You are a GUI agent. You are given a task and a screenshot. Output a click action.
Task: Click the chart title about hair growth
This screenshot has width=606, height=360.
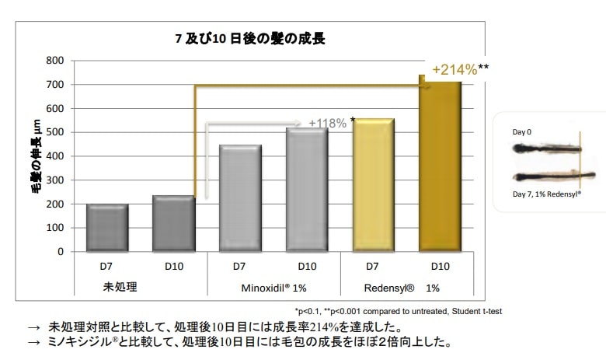click(255, 37)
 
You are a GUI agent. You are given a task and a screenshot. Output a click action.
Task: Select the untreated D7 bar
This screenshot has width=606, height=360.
click(106, 227)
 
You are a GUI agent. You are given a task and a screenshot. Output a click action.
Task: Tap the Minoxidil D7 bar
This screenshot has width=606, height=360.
click(239, 198)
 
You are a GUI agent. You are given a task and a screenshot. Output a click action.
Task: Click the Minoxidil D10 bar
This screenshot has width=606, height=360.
click(306, 190)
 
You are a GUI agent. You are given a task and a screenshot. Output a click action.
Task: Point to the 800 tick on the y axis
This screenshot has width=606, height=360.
click(54, 61)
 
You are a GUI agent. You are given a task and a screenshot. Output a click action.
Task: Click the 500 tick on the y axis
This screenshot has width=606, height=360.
click(54, 132)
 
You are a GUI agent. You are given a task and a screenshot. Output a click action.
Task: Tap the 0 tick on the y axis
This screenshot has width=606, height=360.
click(60, 252)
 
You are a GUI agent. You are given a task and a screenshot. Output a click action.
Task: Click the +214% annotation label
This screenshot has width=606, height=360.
click(460, 69)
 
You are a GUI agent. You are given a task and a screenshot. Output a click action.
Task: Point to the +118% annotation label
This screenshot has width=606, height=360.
click(327, 123)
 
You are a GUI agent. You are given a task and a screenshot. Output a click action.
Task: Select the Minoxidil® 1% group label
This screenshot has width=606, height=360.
click(273, 287)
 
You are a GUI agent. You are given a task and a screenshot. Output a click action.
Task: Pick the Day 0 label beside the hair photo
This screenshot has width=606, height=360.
click(522, 133)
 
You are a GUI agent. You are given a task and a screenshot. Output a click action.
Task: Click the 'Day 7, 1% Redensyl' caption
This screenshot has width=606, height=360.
click(547, 194)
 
